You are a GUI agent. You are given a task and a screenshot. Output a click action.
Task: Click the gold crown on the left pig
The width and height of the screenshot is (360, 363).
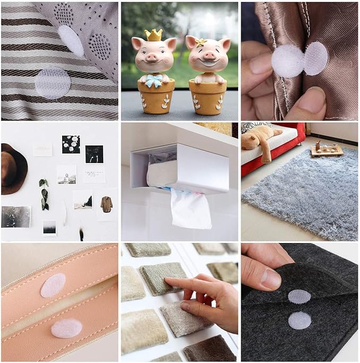[154, 34]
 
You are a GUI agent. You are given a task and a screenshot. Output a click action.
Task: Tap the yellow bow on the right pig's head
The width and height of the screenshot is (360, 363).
[201, 41]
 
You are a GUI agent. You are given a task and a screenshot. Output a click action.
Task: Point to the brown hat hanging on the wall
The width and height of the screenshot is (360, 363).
[13, 169]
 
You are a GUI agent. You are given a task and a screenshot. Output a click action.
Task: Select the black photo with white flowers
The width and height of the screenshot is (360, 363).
[71, 144]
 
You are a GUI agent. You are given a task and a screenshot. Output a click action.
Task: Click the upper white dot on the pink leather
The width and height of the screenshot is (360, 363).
[53, 286]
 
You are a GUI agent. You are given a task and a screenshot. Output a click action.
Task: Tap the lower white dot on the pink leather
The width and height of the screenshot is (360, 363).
[66, 329]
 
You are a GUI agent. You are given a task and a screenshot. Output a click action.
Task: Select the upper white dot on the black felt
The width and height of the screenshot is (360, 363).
[299, 297]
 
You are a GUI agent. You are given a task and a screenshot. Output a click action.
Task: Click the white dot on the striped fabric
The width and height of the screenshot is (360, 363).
[52, 83]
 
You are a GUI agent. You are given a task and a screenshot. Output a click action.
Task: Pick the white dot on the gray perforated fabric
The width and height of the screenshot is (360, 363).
[71, 41]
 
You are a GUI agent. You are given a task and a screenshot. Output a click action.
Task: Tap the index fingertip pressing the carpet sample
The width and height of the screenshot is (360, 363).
[169, 283]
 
